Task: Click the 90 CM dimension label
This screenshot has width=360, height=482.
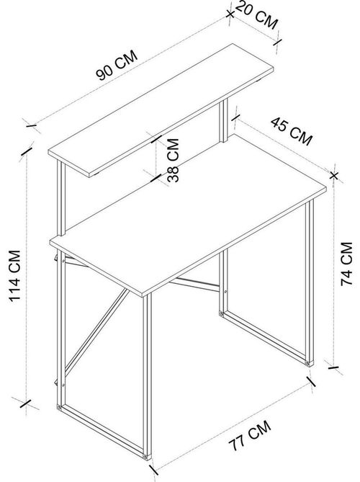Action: coord(117,65)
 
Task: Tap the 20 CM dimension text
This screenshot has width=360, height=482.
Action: coord(256,15)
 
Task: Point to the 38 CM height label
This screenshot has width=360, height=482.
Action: coord(174,160)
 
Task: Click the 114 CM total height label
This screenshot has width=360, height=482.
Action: coord(14,276)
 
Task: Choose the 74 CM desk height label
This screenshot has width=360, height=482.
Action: coord(347,264)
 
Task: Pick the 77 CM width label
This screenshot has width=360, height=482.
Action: coord(250,435)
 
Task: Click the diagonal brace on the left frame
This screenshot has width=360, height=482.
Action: coord(96,331)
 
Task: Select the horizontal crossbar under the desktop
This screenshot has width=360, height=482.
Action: coord(194,284)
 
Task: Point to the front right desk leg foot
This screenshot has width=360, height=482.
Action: coord(310,363)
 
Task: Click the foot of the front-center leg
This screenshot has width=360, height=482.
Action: coord(148,457)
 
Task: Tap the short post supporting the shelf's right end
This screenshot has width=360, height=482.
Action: coord(223,120)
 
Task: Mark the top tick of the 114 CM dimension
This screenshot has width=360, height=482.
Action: coord(27,151)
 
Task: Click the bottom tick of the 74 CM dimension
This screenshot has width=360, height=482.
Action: coord(333,367)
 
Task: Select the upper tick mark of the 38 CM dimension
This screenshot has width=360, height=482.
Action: coord(156,140)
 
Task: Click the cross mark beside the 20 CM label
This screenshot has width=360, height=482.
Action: coord(230,14)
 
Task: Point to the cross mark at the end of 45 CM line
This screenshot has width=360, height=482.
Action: coord(334,176)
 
